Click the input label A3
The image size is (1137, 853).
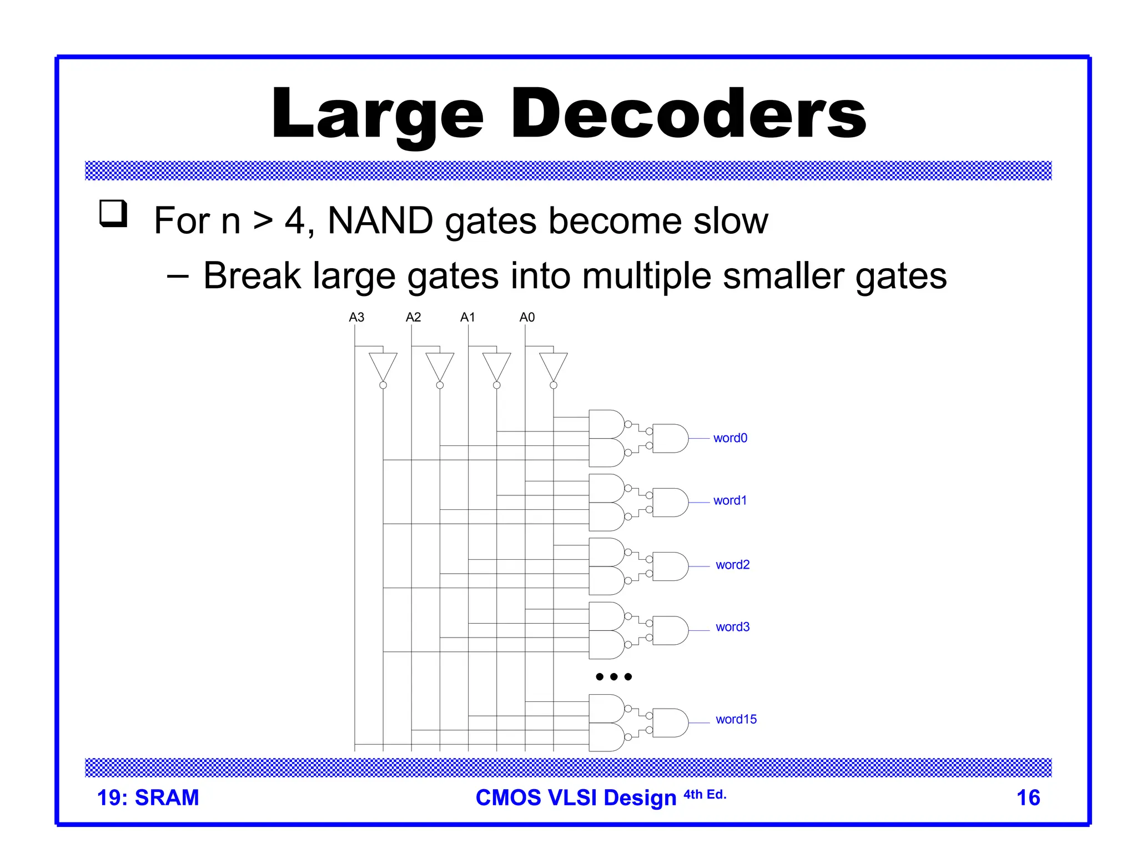coord(356,317)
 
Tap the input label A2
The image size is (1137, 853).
coord(413,317)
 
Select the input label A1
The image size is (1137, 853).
coord(467,317)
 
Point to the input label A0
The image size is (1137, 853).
coord(527,317)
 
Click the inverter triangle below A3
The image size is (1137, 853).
coord(383,366)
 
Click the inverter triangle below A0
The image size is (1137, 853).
coord(554,366)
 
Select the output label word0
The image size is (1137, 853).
coord(730,438)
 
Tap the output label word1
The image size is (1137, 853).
coord(730,500)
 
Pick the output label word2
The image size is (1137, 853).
coord(732,565)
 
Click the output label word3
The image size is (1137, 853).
coord(732,627)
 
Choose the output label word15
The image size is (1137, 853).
coord(736,719)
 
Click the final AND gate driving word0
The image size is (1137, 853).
coord(670,438)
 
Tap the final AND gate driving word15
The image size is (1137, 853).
coord(670,722)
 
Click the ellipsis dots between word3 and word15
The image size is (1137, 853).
coord(613,676)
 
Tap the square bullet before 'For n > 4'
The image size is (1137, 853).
coord(113,213)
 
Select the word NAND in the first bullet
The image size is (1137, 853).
coord(380,220)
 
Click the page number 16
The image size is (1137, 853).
coord(1028,797)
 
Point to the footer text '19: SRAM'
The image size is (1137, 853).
coord(148,797)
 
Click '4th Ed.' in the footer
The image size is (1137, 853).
coord(705,794)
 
